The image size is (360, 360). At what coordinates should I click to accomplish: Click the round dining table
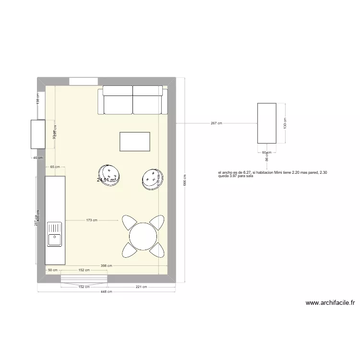pos(143,236)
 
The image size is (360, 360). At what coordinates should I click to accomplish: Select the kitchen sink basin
pos(54,236)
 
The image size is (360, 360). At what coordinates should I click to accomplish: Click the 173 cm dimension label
pos(92,220)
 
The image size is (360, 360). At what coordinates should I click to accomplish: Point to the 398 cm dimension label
pos(107,266)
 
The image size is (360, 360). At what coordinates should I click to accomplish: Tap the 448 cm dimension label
pos(107,291)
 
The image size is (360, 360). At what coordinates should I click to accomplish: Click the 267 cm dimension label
pos(216,123)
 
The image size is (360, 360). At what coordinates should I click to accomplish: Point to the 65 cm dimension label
pos(55,167)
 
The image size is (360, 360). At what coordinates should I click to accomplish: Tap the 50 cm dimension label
pos(52,270)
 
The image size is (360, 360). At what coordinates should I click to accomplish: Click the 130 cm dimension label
pos(284,123)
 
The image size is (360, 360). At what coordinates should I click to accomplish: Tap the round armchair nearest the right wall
pos(152,179)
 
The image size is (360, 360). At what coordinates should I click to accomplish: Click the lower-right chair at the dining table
pos(157,250)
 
